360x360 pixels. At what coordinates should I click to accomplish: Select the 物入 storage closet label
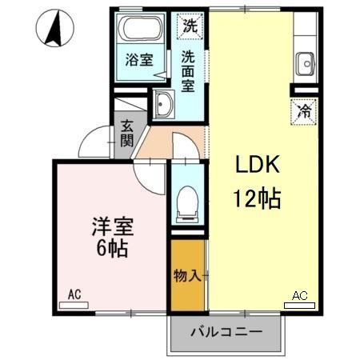[x=186, y=275]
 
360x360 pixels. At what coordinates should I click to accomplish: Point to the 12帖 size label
[x=257, y=198]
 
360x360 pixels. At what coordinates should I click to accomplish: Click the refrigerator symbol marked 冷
[x=303, y=110]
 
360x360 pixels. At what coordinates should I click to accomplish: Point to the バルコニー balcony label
[x=226, y=330]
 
